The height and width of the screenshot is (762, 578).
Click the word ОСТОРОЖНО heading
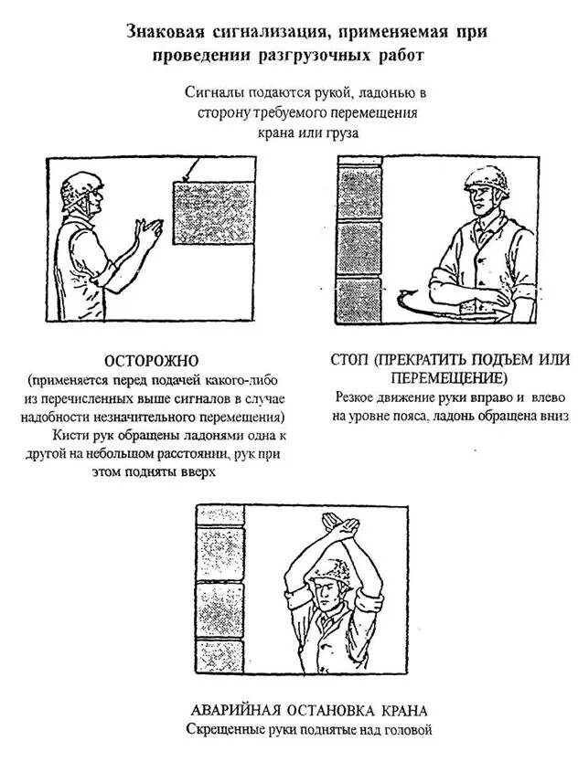(151, 361)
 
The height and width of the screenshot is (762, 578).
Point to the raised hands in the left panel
(147, 235)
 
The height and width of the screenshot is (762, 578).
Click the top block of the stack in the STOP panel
(360, 187)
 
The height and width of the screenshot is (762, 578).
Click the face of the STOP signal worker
(484, 200)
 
